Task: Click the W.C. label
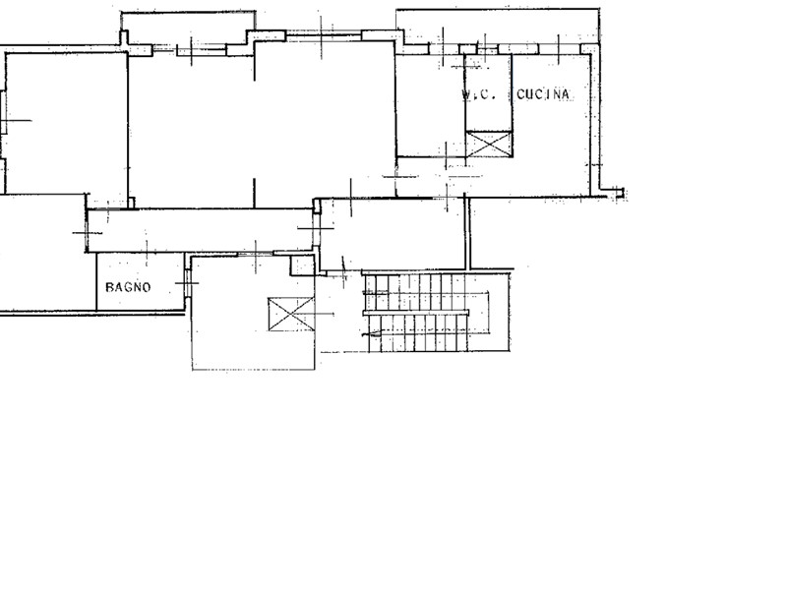[x=479, y=94]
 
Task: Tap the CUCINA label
[x=543, y=94]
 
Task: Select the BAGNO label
[x=128, y=287]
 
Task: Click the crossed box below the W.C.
[x=489, y=144]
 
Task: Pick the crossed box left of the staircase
[x=291, y=314]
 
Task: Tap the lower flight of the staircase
[x=419, y=333]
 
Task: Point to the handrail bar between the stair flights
[x=415, y=313]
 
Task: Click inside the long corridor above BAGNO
[x=201, y=230]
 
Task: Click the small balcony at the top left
[x=188, y=29]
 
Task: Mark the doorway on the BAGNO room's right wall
[x=188, y=283]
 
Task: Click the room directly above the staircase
[x=393, y=234]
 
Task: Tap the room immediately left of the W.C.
[x=430, y=105]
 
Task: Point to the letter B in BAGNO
[x=109, y=287]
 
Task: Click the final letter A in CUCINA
[x=565, y=94]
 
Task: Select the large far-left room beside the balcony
[x=66, y=124]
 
